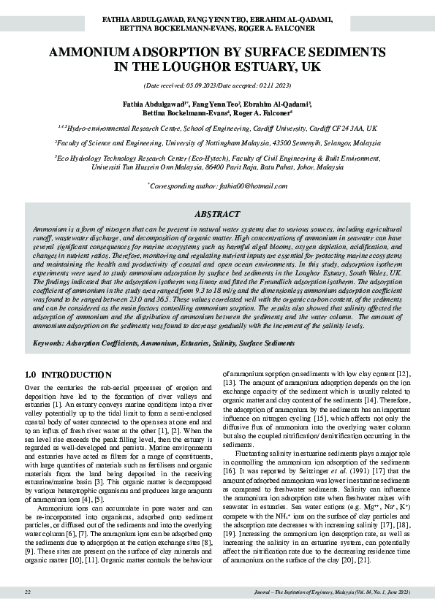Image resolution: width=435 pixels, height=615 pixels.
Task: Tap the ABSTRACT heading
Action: [217, 214]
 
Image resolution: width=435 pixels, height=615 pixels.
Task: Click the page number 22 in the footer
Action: [28, 591]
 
